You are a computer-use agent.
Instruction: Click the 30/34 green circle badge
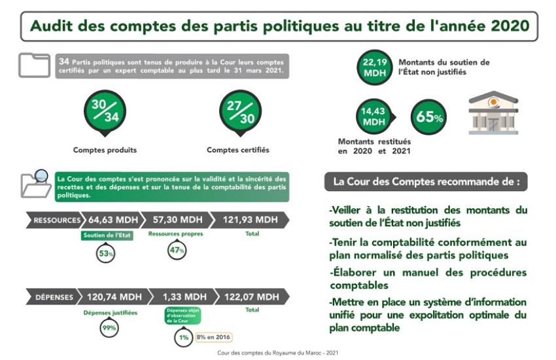click(105, 111)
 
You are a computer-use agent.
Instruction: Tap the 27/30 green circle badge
click(240, 111)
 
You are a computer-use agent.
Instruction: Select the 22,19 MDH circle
click(375, 68)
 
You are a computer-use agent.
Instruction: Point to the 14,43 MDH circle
click(373, 117)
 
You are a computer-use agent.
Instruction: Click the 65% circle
click(429, 117)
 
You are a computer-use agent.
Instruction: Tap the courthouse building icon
click(493, 113)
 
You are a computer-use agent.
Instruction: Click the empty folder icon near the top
click(34, 65)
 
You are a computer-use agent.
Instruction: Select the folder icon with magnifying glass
click(36, 184)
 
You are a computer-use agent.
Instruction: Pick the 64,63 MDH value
click(111, 220)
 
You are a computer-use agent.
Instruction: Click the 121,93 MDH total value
click(252, 220)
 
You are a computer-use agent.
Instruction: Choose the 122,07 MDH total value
click(252, 297)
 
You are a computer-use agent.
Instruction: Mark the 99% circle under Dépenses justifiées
click(109, 329)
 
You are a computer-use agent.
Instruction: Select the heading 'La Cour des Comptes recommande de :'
click(426, 181)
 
